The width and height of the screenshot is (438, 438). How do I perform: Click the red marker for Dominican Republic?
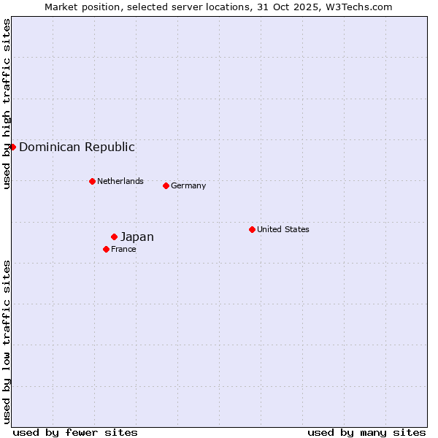click(x=12, y=147)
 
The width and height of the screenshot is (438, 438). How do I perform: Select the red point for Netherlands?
click(x=92, y=181)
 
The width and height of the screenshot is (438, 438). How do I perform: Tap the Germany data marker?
click(x=166, y=185)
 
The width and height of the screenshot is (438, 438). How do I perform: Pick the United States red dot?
click(x=252, y=229)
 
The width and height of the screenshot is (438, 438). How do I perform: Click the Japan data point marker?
click(x=114, y=237)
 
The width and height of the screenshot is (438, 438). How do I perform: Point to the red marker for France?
click(x=106, y=249)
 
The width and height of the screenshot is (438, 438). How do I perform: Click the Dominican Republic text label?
click(x=77, y=147)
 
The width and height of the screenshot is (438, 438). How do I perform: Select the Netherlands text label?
click(x=120, y=181)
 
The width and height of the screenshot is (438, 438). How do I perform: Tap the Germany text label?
click(x=188, y=185)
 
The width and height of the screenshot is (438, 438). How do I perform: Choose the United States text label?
click(x=283, y=229)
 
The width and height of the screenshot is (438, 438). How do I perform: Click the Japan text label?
click(x=137, y=237)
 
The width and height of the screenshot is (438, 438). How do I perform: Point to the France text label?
click(x=123, y=249)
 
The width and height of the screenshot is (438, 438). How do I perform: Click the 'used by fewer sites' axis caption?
click(x=75, y=432)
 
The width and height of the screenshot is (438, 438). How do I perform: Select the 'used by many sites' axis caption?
click(x=366, y=432)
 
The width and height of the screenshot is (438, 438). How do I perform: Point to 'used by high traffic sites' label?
click(x=7, y=104)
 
